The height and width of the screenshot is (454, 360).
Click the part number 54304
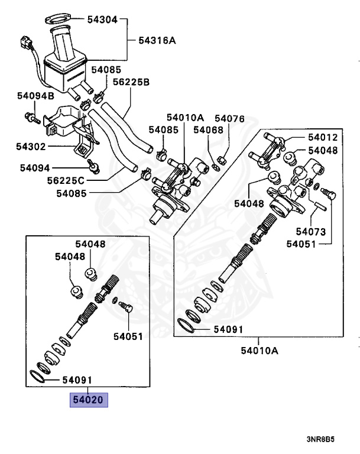pos(102,19)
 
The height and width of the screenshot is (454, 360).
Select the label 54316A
pos(157,41)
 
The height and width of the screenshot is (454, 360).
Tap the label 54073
pos(311,231)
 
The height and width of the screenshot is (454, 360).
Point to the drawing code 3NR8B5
pos(320,440)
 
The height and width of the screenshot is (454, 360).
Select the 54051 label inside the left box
pos(128,337)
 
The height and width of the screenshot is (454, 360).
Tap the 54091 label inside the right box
pos(227,328)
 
